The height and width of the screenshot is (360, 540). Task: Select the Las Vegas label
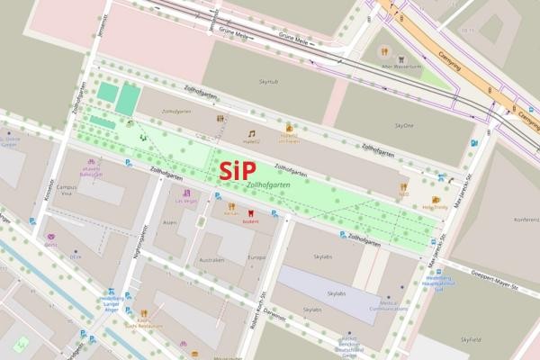point(185,202)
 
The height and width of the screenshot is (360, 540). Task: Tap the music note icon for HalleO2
point(251,133)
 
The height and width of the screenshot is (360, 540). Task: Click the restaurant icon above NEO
point(403,187)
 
